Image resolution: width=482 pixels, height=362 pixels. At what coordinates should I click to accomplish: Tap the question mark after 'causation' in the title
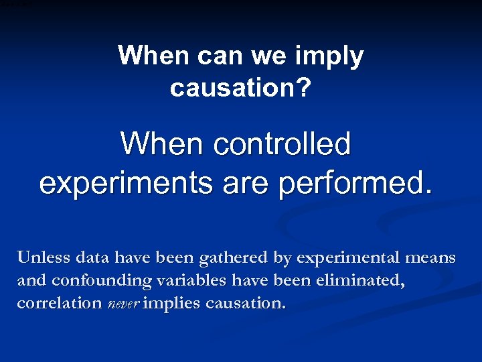[x=304, y=87]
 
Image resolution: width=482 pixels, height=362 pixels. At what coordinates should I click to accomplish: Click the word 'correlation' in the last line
[x=59, y=303]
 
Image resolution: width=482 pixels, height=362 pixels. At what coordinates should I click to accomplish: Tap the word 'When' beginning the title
[x=154, y=56]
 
